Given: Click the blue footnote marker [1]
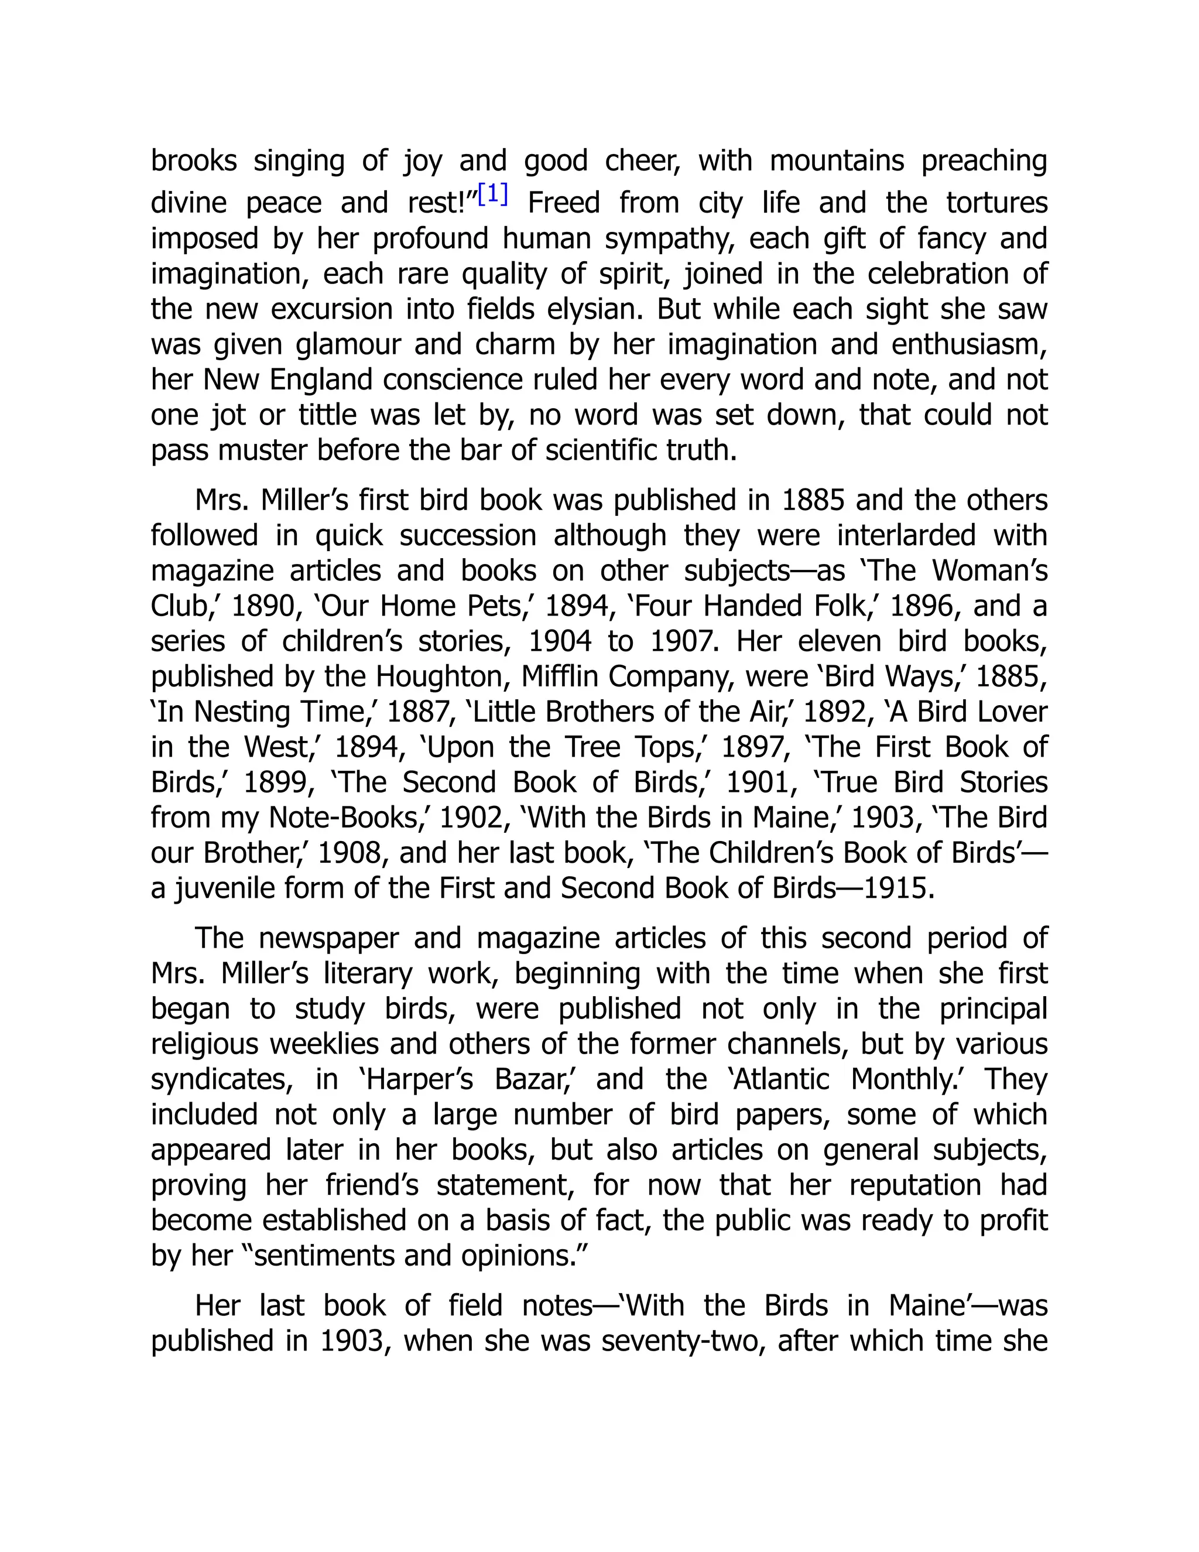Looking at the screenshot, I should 493,194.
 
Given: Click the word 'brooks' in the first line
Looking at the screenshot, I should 194,160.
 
